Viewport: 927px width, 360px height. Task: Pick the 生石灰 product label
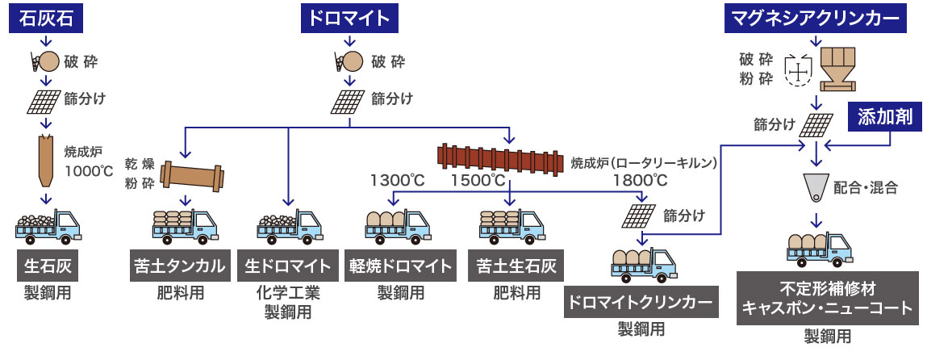pyautogui.click(x=47, y=266)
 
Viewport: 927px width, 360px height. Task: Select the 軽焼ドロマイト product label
pyautogui.click(x=401, y=266)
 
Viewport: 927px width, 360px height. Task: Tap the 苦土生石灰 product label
pyautogui.click(x=516, y=266)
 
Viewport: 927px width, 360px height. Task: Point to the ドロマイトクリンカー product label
pyautogui.click(x=641, y=303)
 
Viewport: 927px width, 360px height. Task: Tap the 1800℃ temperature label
pyautogui.click(x=640, y=179)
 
